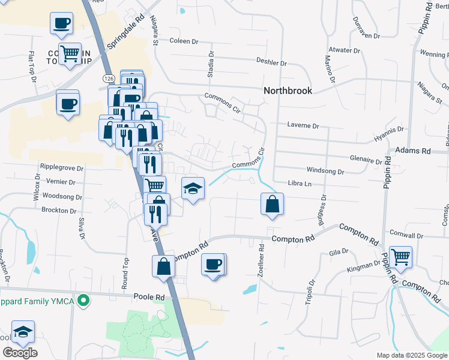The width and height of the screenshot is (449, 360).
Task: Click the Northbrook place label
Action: coord(288,91)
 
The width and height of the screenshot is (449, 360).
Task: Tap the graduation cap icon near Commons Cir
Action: coord(193,188)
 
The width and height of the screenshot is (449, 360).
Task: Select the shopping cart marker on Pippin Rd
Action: coord(400,257)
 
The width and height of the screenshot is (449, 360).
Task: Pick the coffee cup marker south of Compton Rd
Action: coord(213,264)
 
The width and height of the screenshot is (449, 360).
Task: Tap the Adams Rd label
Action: coord(414,151)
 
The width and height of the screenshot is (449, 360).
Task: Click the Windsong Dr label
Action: coord(325,171)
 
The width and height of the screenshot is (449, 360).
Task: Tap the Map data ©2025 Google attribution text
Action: coord(411,355)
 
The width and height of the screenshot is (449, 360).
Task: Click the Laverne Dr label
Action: coord(303,126)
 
